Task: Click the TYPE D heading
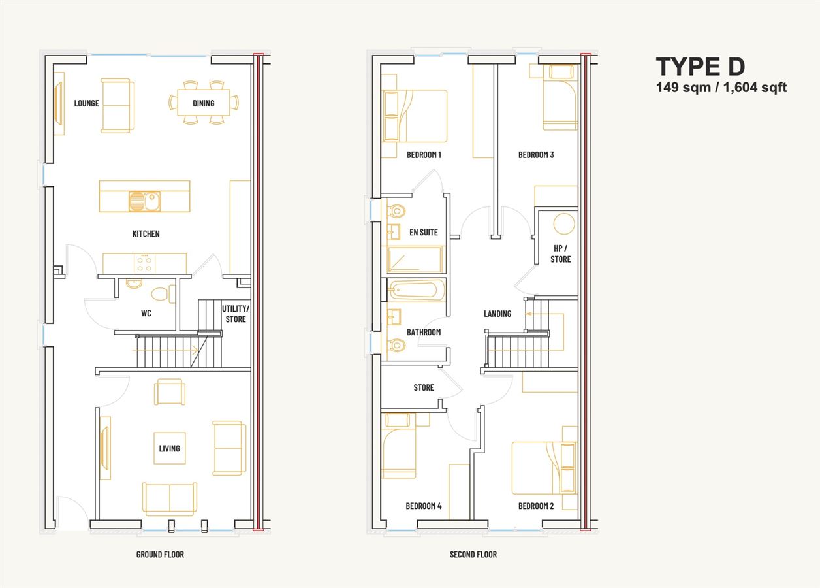tap(701, 67)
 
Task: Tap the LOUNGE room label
tap(86, 103)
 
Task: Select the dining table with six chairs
tap(204, 103)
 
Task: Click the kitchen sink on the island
tap(144, 201)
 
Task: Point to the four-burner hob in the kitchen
tap(144, 264)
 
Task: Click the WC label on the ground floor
tap(146, 313)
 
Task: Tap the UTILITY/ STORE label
tap(236, 314)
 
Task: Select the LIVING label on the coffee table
tap(170, 448)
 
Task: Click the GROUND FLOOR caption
tap(160, 555)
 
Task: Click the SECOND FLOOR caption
tap(473, 555)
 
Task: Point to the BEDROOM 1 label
tap(424, 155)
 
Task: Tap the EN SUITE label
tap(424, 233)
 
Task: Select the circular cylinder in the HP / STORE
tap(564, 223)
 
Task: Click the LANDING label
tap(497, 314)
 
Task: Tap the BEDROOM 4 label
tap(424, 506)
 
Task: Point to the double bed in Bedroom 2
tap(544, 468)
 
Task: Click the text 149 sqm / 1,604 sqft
tap(721, 88)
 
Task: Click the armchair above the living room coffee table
tap(170, 391)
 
